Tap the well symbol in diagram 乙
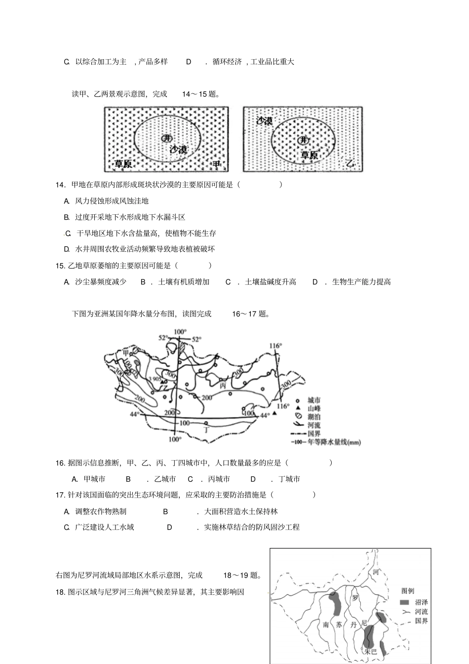tap(301, 140)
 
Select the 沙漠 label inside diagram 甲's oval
tap(178, 149)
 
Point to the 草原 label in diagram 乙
tap(309, 155)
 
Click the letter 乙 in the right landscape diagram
tap(350, 163)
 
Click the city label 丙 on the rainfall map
tap(223, 385)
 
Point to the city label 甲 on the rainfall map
tap(126, 352)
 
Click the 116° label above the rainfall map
tap(275, 346)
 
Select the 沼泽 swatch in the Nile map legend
tap(404, 603)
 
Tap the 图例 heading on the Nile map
tap(408, 591)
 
